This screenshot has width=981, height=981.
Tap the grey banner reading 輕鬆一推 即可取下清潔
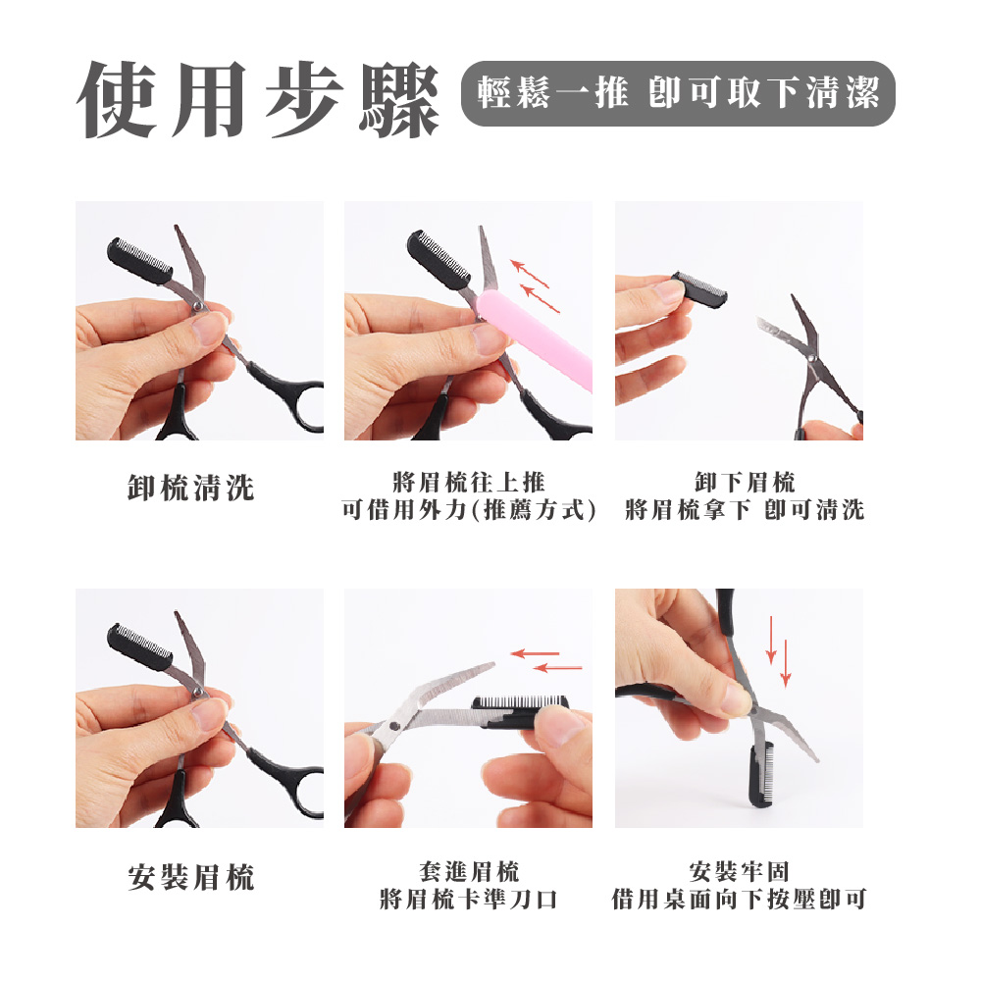(x=677, y=93)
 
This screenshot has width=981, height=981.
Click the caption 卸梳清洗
(x=191, y=488)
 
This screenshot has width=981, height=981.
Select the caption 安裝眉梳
(x=191, y=877)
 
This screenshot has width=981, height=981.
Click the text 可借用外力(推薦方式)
(x=469, y=510)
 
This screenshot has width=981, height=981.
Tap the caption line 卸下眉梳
(x=744, y=482)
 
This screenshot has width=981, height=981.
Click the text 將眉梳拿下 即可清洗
(x=744, y=510)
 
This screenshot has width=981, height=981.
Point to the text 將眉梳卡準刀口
(x=468, y=899)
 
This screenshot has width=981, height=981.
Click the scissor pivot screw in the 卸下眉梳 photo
(x=812, y=360)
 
